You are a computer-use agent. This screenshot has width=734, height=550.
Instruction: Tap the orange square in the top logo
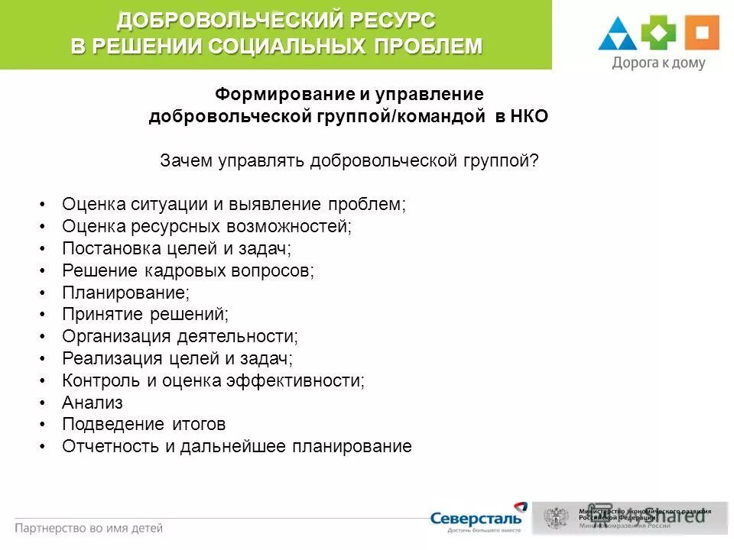click(x=701, y=32)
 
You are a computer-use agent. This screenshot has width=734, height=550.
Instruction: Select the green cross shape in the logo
click(x=658, y=32)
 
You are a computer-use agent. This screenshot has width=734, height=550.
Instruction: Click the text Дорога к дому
click(x=658, y=63)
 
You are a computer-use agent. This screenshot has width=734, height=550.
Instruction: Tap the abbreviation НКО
click(x=528, y=116)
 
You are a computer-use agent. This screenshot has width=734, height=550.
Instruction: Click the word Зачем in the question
click(x=186, y=160)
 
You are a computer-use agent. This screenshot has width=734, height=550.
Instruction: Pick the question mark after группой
click(x=535, y=160)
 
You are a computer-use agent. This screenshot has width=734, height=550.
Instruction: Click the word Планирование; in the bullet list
click(x=125, y=293)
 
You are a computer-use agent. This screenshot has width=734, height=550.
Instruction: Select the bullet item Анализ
click(x=92, y=403)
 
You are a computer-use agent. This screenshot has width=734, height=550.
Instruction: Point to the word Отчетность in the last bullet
click(x=111, y=447)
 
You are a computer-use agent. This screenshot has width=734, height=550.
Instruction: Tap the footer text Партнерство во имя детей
click(x=89, y=528)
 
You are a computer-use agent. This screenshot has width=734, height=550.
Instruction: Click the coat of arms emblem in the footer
click(x=556, y=518)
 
